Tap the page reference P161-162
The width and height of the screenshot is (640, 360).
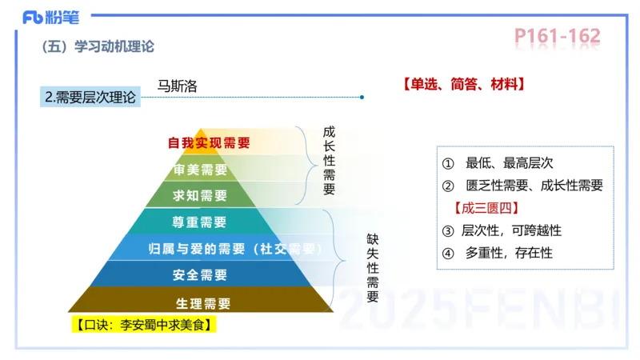point(557,36)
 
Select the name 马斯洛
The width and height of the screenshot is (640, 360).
point(178,85)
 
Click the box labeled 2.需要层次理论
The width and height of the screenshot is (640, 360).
point(90,98)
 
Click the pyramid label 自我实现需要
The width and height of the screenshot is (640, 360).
point(209,143)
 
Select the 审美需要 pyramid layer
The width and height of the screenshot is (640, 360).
point(201,170)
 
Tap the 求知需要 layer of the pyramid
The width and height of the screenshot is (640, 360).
point(201,195)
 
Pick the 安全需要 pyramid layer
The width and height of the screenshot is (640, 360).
point(200,274)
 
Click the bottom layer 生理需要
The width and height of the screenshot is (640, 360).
point(202,302)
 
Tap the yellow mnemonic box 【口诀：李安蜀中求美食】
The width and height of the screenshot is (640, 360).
point(146,325)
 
